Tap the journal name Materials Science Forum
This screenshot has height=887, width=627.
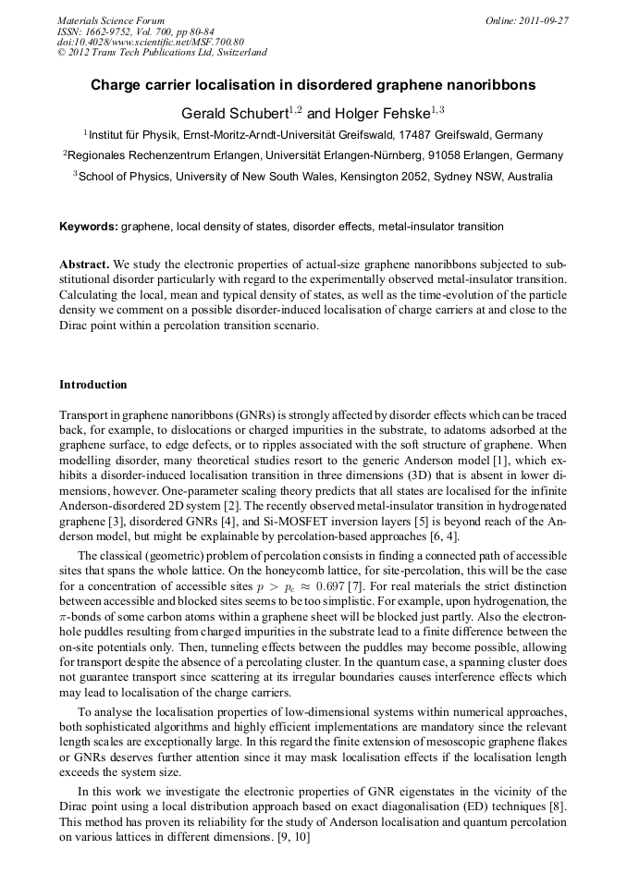[111, 20]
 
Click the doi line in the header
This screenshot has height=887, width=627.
[151, 42]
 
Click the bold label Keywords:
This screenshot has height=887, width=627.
[89, 227]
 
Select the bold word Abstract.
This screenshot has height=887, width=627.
[84, 264]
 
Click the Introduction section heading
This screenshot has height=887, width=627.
[93, 384]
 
